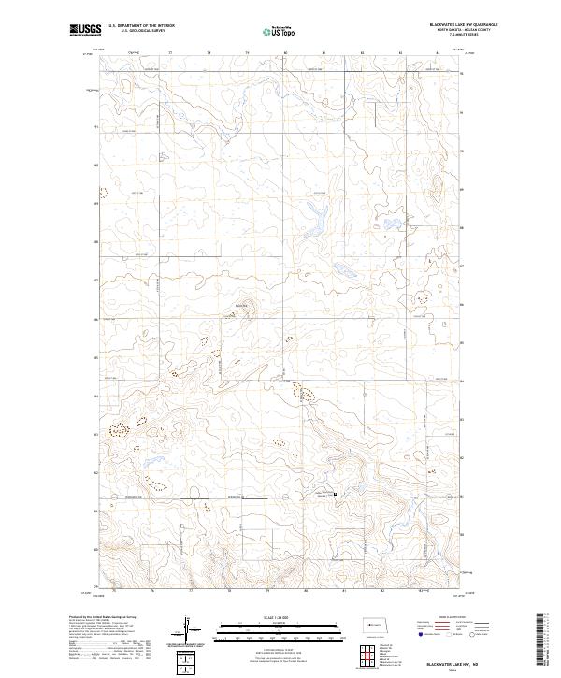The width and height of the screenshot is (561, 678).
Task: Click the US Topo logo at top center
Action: tap(280, 32)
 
